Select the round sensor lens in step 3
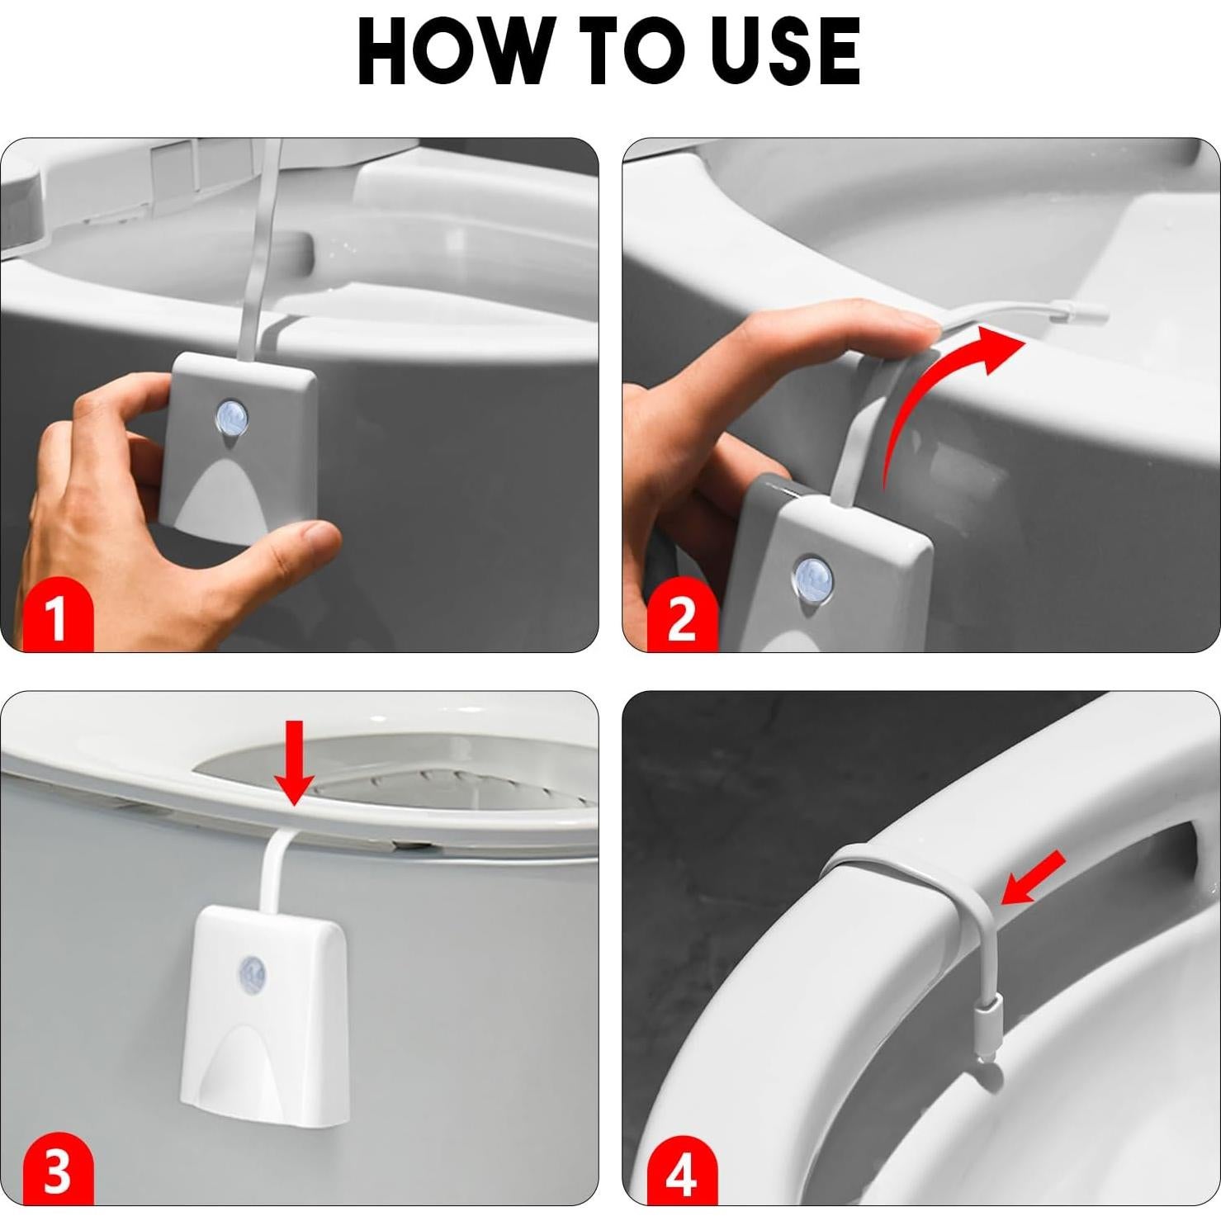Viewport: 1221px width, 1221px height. [x=252, y=972]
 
